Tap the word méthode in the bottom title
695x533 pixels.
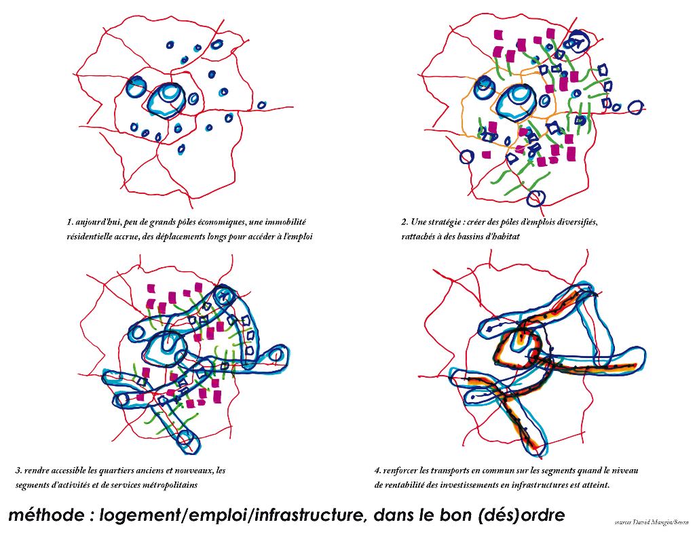pyautogui.click(x=45, y=515)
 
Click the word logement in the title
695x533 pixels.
pyautogui.click(x=140, y=515)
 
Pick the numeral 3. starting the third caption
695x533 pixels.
pyautogui.click(x=18, y=470)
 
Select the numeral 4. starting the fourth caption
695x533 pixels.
pyautogui.click(x=377, y=470)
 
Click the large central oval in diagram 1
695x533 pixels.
pyautogui.click(x=165, y=100)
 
